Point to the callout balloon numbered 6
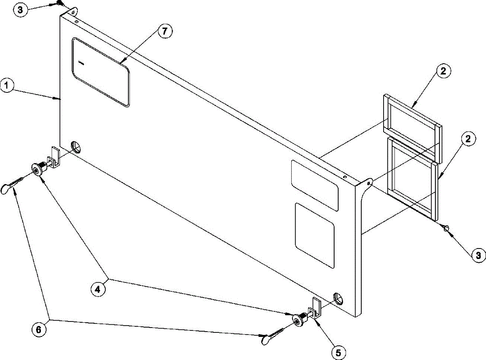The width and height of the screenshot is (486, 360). pyautogui.click(x=39, y=330)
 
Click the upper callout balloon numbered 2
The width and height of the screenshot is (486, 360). pyautogui.click(x=443, y=71)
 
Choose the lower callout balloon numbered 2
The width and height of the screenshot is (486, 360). pyautogui.click(x=468, y=139)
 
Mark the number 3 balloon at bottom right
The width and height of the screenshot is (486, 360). pyautogui.click(x=478, y=255)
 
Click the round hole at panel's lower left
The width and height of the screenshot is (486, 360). pyautogui.click(x=75, y=146)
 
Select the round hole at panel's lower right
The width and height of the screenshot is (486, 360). pyautogui.click(x=338, y=298)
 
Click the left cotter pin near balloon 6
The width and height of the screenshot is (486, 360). pyautogui.click(x=12, y=185)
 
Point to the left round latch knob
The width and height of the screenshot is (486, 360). pyautogui.click(x=37, y=169)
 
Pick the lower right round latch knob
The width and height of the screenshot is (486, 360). pyautogui.click(x=299, y=320)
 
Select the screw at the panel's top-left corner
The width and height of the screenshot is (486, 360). pyautogui.click(x=59, y=4)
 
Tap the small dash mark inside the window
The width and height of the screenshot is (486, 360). pyautogui.click(x=81, y=63)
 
